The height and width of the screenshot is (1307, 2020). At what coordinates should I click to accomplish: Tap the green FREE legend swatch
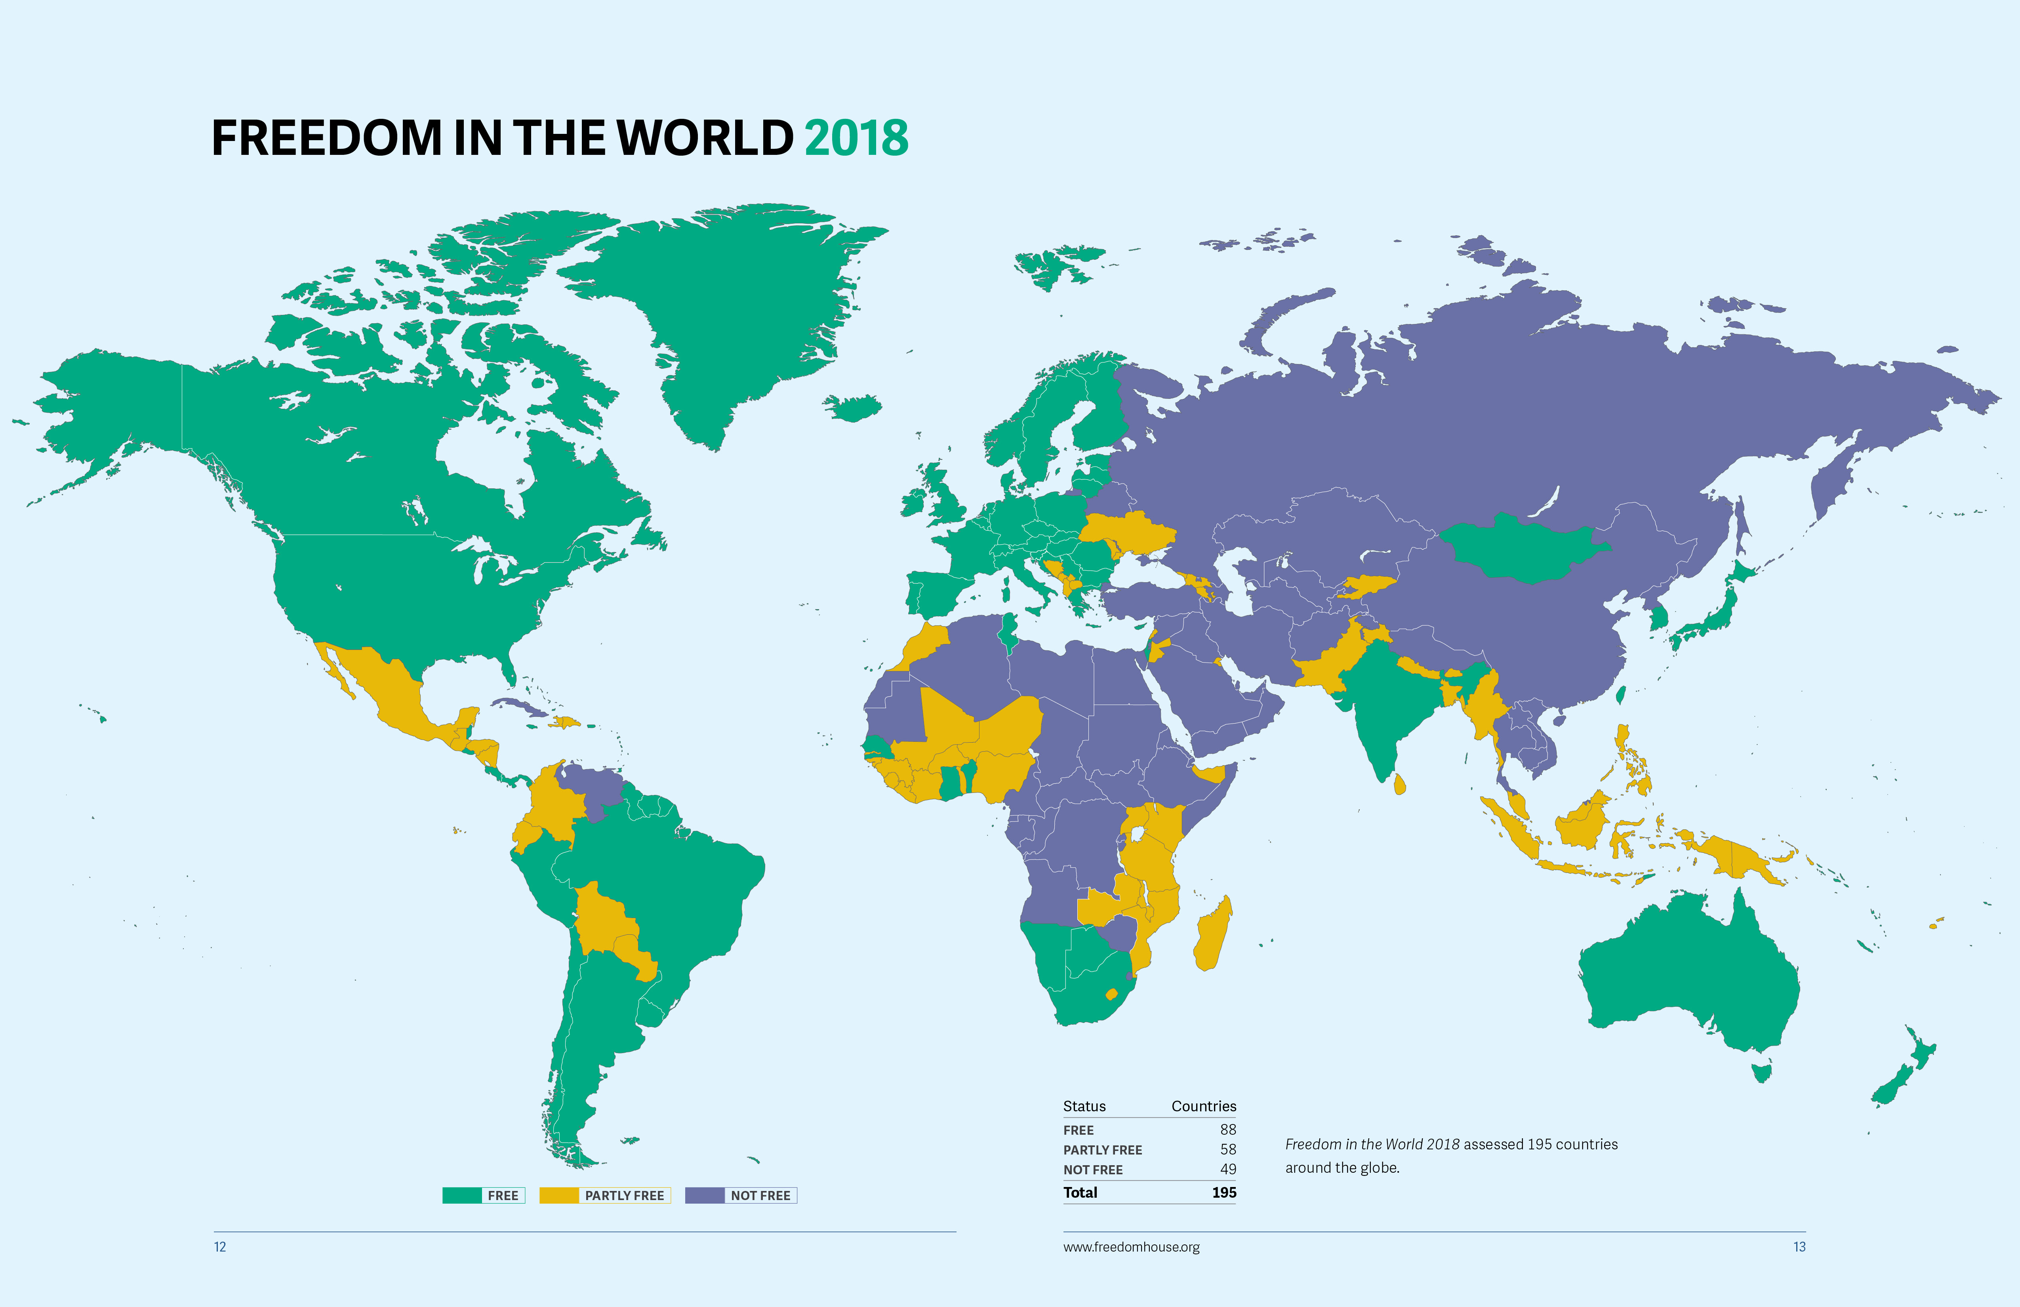click(x=462, y=1195)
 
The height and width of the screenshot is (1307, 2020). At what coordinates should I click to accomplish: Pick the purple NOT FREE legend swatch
click(x=705, y=1195)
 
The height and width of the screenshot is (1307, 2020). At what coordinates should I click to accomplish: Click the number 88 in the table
click(x=1227, y=1130)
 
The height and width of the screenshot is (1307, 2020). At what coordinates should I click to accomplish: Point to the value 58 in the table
click(x=1227, y=1149)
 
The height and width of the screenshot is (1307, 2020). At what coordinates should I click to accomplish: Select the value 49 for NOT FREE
click(x=1227, y=1169)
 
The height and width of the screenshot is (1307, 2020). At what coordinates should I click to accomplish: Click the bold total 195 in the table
click(x=1224, y=1193)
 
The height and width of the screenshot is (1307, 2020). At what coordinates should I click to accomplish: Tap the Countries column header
click(x=1204, y=1106)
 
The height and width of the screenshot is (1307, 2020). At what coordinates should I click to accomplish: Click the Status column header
click(x=1084, y=1106)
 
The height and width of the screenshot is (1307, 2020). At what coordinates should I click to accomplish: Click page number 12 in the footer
click(x=220, y=1247)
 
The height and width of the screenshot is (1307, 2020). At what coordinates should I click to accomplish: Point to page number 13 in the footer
click(x=1799, y=1247)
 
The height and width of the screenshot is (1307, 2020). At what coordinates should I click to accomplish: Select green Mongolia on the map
click(x=1523, y=550)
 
